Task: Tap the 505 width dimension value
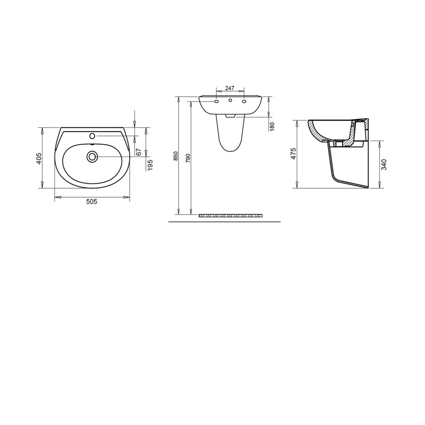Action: [x=92, y=202]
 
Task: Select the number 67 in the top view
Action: [x=138, y=152]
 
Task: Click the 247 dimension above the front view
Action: [x=229, y=88]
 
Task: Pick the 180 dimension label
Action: [x=272, y=126]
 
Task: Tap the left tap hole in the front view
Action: [x=216, y=102]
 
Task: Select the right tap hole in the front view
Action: [x=244, y=102]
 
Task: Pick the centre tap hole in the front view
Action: [x=230, y=101]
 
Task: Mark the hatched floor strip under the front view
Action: [x=231, y=215]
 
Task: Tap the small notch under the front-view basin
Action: [x=229, y=115]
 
